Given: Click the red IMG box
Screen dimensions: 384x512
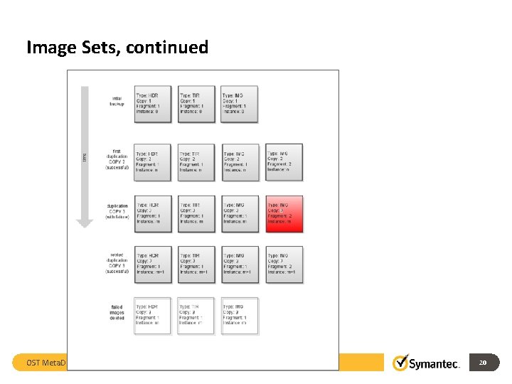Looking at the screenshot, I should click(x=284, y=214).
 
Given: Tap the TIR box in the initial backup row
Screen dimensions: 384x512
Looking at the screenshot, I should click(x=196, y=104).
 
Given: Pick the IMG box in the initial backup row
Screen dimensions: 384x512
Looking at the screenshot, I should click(x=239, y=104).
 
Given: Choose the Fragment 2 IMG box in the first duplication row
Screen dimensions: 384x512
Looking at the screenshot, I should click(x=284, y=162).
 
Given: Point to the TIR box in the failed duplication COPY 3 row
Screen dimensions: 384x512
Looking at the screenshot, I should click(x=196, y=214).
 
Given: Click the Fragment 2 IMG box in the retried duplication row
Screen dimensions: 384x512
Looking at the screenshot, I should click(x=284, y=265).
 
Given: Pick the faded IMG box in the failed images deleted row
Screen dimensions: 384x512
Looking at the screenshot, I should click(x=239, y=315).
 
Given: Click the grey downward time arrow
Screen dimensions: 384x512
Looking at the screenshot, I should click(x=85, y=156).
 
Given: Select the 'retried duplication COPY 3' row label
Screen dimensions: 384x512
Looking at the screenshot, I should click(x=117, y=262).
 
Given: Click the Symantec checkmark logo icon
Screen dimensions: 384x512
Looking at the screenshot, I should click(x=401, y=363).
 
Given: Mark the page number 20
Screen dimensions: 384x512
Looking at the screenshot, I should click(x=483, y=363).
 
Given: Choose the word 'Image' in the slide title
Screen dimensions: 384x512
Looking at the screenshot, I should click(x=50, y=48).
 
